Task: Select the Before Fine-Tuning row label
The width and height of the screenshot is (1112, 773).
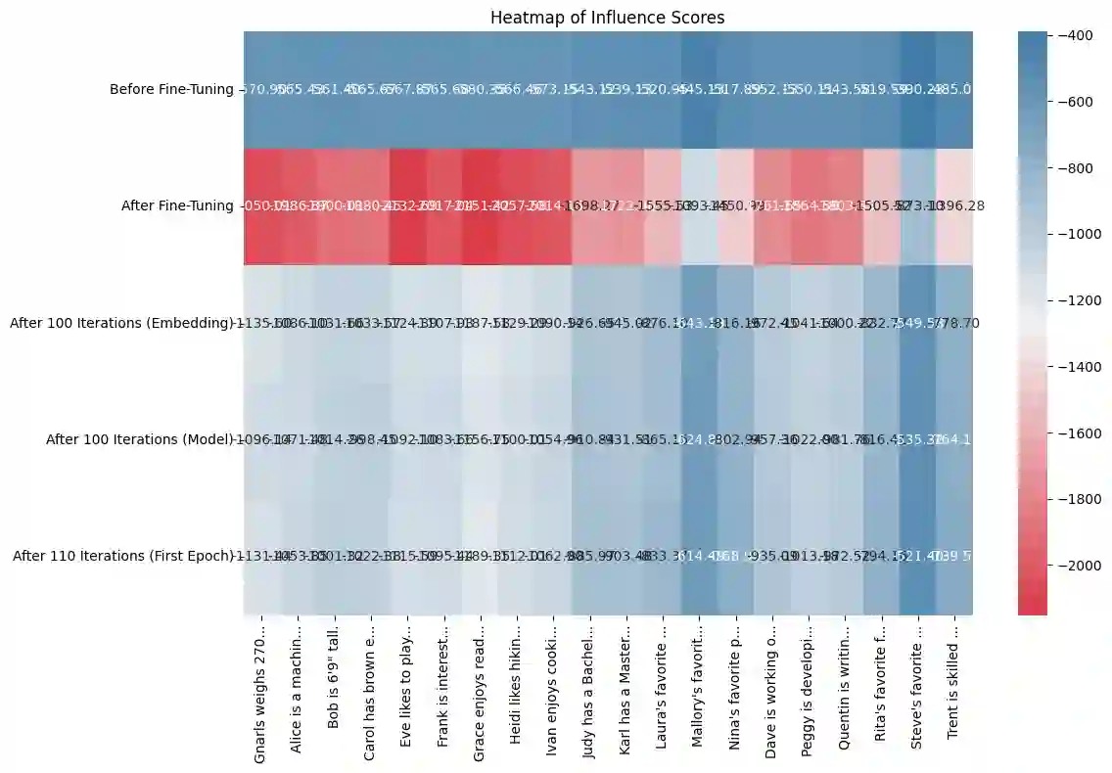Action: [171, 90]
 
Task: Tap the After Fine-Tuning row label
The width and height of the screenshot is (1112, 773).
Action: [175, 205]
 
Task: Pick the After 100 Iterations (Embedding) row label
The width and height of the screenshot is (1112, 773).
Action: [121, 323]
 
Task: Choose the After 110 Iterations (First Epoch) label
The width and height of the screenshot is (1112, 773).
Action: [123, 556]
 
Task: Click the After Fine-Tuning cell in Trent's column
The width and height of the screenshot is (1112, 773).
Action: [954, 205]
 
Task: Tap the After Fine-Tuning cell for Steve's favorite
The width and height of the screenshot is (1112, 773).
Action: [918, 205]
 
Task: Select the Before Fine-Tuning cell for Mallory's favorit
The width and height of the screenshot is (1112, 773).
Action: [698, 90]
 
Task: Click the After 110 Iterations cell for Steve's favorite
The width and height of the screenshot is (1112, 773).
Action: [918, 556]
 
